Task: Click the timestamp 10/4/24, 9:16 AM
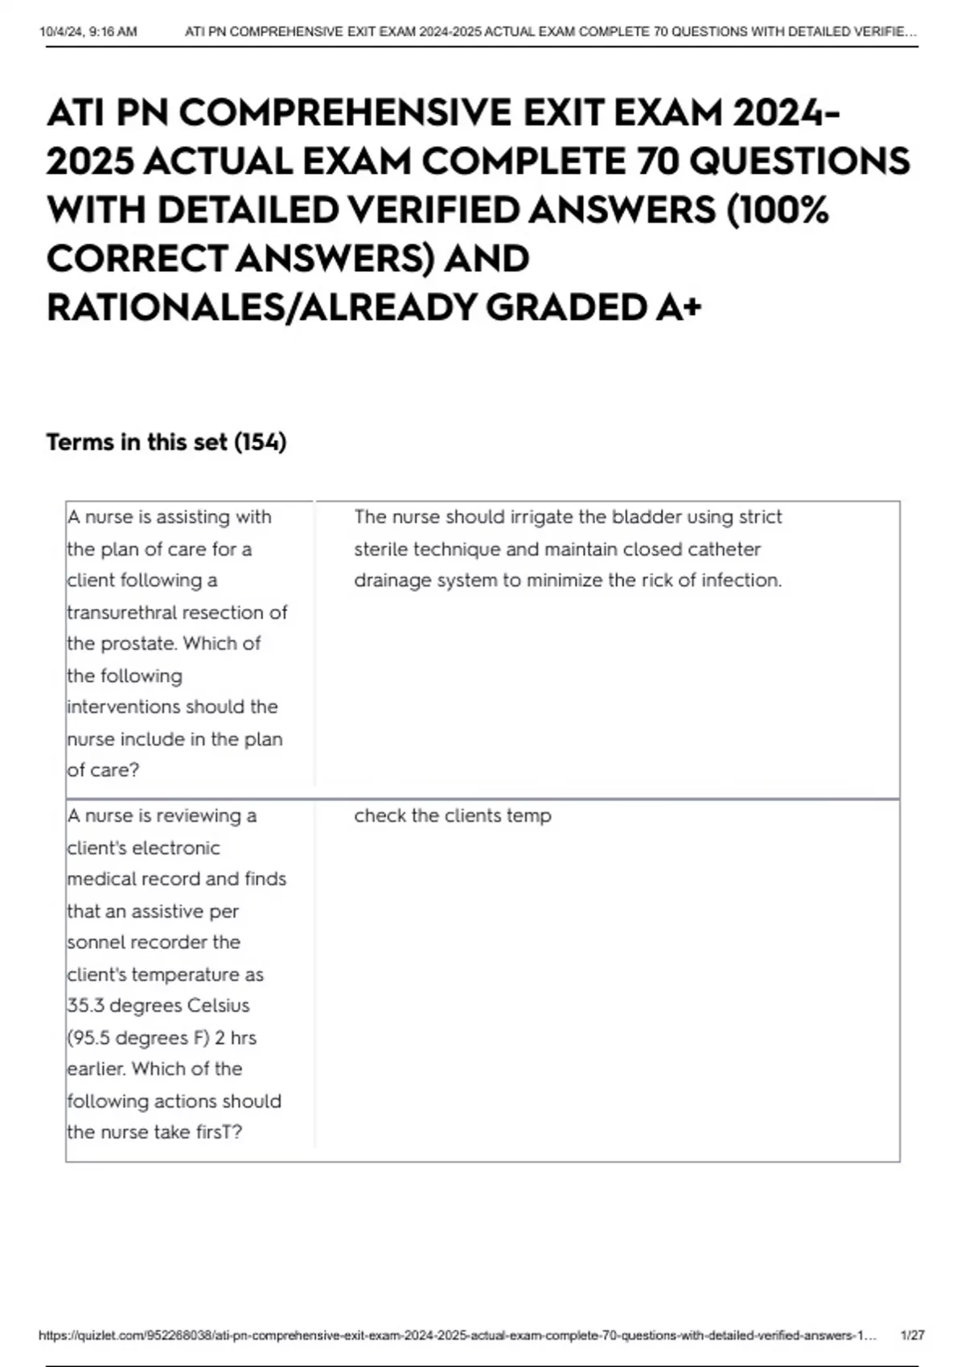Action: pyautogui.click(x=88, y=32)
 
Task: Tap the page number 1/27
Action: pyautogui.click(x=913, y=1335)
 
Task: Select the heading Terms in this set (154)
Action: pyautogui.click(x=166, y=442)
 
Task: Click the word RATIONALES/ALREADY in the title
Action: pyautogui.click(x=261, y=307)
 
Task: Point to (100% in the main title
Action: pyautogui.click(x=778, y=210)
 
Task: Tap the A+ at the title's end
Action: pyautogui.click(x=678, y=307)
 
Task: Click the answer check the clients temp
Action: pyautogui.click(x=453, y=815)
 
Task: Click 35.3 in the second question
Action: pyautogui.click(x=85, y=1005)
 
